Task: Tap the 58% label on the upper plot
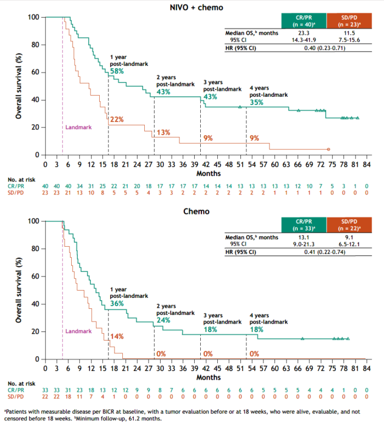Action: click(117, 71)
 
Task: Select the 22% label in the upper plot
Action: click(117, 119)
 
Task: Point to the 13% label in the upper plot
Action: click(163, 132)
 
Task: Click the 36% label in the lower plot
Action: click(117, 303)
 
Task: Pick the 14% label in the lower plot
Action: click(117, 336)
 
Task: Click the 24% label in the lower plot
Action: click(163, 320)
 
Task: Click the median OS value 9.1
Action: click(346, 239)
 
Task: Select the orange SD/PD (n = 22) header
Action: click(346, 225)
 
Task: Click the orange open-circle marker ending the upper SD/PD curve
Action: click(328, 149)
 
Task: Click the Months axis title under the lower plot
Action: click(205, 378)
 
